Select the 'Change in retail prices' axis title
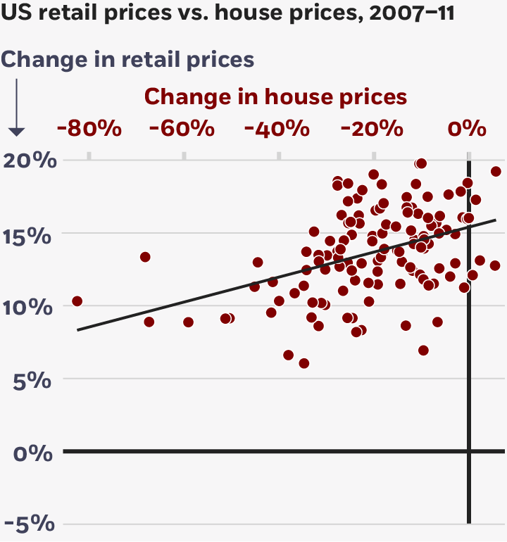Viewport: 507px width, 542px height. click(128, 60)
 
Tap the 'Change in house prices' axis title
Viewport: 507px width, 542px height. click(276, 96)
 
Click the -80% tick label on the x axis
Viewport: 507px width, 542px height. click(89, 129)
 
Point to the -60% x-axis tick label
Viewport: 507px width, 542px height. click(182, 129)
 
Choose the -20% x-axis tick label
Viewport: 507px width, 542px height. click(372, 129)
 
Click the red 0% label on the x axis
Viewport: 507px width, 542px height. click(468, 129)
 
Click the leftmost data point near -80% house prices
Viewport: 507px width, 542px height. click(77, 301)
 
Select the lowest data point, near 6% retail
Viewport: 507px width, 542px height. click(304, 363)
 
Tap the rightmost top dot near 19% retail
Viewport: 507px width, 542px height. click(496, 171)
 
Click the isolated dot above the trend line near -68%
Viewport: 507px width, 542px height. click(145, 257)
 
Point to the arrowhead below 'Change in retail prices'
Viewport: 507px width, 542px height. click(16, 132)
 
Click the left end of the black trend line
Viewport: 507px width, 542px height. click(78, 329)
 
